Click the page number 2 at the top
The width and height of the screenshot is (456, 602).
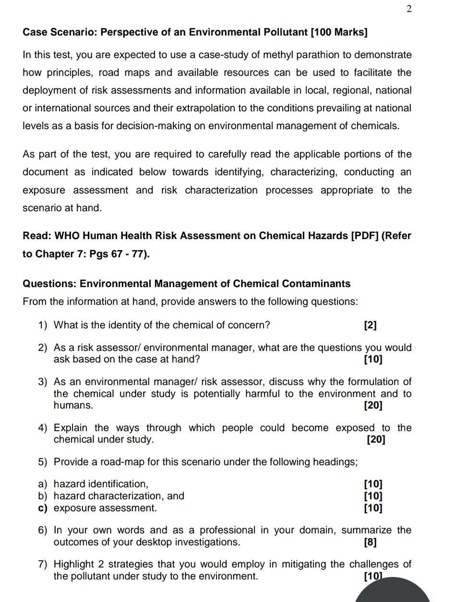pos(408,9)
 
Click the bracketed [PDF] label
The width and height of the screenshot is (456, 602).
pos(364,236)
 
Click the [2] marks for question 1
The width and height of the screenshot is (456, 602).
pos(371,325)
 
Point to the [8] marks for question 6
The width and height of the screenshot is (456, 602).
pos(371,542)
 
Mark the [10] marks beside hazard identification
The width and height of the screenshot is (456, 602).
pos(373,484)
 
